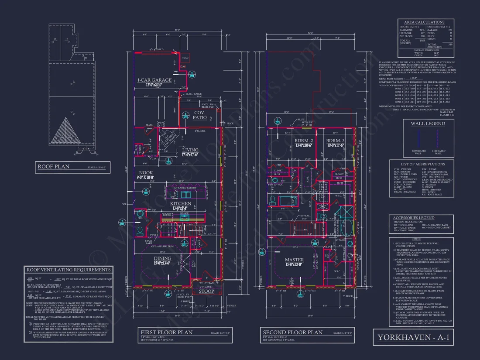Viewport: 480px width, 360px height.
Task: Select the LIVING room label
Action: click(x=190, y=150)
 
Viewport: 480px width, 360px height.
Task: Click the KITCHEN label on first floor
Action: click(x=181, y=204)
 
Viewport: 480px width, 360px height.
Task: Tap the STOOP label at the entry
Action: click(x=207, y=291)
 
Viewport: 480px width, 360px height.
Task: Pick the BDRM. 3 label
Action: click(x=336, y=141)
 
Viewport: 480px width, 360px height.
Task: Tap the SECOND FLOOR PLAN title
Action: click(x=292, y=332)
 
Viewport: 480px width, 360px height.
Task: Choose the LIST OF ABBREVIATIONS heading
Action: click(x=422, y=164)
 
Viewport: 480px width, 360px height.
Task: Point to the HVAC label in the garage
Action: click(x=185, y=58)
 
